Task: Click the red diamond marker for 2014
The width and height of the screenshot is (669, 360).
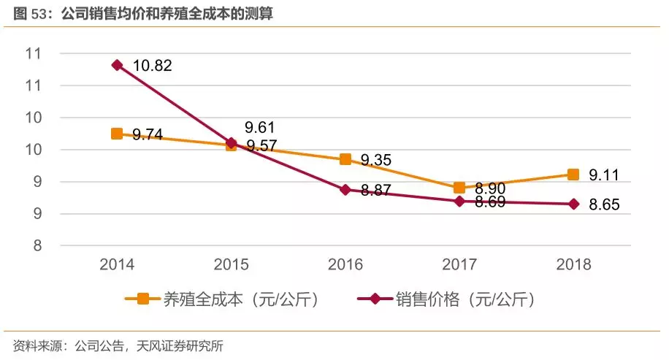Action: tap(117, 65)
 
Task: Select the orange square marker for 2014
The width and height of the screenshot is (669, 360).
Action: tap(117, 134)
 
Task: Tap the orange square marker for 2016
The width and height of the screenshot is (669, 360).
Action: tap(345, 159)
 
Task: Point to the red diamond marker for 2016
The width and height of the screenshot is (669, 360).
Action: tap(345, 189)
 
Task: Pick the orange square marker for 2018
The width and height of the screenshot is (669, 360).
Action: tap(573, 175)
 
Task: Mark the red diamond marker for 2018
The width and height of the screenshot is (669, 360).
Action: tap(573, 204)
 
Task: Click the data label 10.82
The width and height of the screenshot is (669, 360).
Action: tap(152, 66)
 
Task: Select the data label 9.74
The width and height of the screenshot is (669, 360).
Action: tap(148, 135)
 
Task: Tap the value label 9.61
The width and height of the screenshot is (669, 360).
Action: tap(261, 127)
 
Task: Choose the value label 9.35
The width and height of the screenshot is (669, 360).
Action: tap(376, 160)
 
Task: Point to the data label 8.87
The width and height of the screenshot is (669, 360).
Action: tap(376, 190)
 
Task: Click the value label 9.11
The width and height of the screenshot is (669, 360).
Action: tap(605, 175)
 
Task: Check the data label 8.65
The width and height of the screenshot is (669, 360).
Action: tap(605, 205)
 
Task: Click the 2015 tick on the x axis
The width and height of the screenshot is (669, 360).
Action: tap(232, 264)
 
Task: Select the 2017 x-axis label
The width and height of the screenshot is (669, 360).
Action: tap(459, 264)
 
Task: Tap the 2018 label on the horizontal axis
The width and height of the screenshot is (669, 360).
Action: tap(573, 264)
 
